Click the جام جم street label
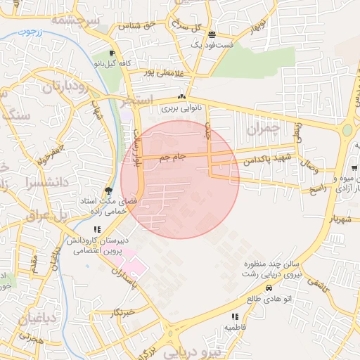tap(172, 158)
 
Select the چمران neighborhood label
tap(264, 129)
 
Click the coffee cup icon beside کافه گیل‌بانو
tap(112, 54)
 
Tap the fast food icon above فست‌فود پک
tap(212, 34)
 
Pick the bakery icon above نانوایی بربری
tap(181, 97)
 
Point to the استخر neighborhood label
tap(136, 101)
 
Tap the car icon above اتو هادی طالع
tap(268, 288)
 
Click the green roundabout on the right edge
tap(347, 130)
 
